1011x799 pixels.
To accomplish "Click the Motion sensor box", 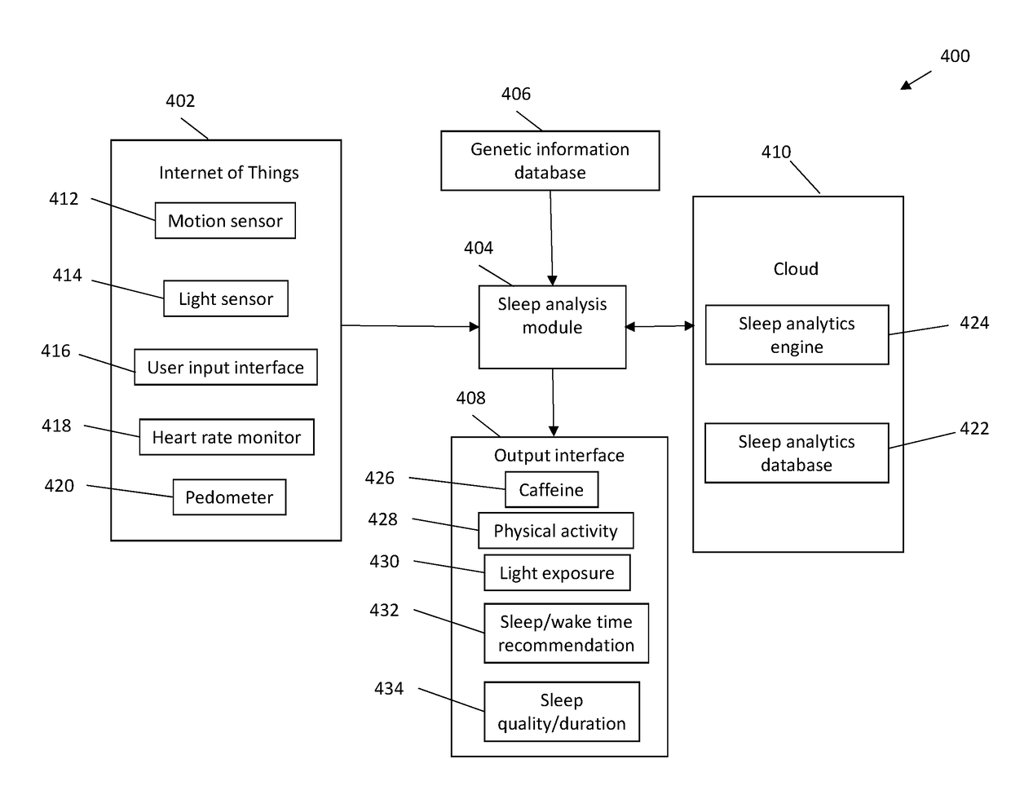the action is click(x=225, y=220).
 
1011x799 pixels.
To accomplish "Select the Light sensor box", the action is click(x=226, y=298).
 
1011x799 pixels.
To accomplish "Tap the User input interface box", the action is click(x=226, y=367).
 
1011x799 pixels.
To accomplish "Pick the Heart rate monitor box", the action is click(x=227, y=437).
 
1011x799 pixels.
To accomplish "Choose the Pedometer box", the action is click(x=229, y=497).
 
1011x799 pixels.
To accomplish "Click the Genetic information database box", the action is click(x=550, y=161).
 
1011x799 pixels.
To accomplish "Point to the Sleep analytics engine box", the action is click(x=797, y=334).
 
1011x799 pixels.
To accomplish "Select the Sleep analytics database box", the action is click(x=797, y=452).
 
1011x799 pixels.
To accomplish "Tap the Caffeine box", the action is click(x=551, y=489).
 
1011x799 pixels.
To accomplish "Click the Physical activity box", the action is click(x=555, y=530).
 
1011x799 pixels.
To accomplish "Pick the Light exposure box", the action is click(x=557, y=572).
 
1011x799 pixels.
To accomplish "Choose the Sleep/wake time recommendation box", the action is click(x=566, y=633).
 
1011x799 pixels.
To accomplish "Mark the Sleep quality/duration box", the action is click(x=562, y=712).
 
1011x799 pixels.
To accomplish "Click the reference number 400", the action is click(x=955, y=56).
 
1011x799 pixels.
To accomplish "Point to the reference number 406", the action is click(x=516, y=94).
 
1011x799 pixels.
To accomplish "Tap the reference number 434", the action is click(x=389, y=689).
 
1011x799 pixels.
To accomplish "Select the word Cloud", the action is click(x=796, y=269).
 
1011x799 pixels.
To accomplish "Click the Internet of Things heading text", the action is click(x=229, y=172).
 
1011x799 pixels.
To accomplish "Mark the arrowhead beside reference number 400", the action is click(x=907, y=85).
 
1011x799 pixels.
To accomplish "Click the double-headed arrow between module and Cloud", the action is click(x=659, y=326).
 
